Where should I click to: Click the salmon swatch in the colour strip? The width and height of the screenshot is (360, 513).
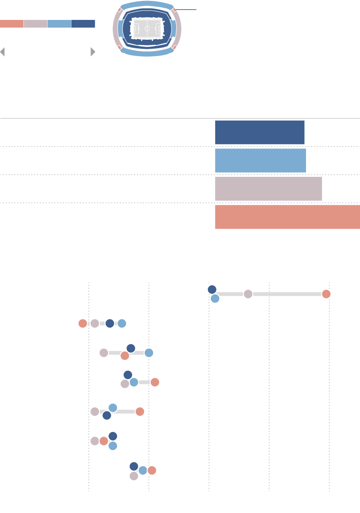(11, 24)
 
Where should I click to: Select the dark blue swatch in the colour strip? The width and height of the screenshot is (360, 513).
(83, 24)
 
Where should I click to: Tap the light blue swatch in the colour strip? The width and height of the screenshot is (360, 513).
(59, 24)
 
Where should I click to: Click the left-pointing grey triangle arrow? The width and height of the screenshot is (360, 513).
(2, 52)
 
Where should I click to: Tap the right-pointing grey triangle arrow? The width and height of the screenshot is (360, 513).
(93, 52)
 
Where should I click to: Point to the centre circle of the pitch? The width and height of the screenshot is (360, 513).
(147, 28)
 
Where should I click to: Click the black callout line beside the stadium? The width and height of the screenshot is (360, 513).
(186, 9)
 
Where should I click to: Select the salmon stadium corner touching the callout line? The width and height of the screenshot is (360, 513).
(174, 9)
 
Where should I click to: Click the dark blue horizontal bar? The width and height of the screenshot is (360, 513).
(260, 132)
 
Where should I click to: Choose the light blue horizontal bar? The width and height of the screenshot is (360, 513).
(261, 160)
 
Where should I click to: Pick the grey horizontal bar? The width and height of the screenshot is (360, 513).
(269, 189)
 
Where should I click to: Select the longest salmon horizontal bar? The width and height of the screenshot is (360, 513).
(288, 217)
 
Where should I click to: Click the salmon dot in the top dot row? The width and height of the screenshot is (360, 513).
(326, 294)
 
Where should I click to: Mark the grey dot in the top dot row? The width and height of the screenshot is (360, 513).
(248, 294)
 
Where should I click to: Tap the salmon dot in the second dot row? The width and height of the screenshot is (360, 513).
(82, 323)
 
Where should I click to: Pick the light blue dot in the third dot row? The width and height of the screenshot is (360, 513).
(149, 353)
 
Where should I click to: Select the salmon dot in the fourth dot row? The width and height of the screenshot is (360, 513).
(154, 382)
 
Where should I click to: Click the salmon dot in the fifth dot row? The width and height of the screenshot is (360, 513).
(140, 412)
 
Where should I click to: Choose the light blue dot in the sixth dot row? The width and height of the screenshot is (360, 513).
(113, 446)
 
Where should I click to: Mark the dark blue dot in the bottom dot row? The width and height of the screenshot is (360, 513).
(134, 467)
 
